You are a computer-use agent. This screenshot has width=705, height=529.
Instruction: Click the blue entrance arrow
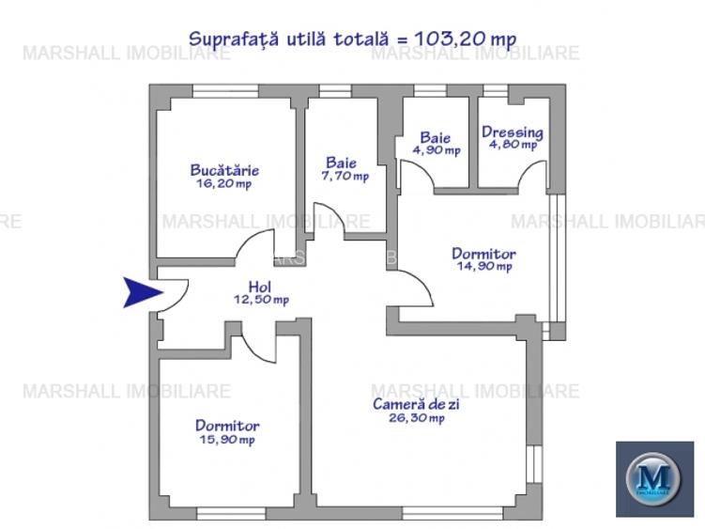pos(143,293)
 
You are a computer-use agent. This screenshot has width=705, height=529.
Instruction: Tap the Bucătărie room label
pos(224,170)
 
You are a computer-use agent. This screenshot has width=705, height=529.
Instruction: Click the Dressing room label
pos(512,132)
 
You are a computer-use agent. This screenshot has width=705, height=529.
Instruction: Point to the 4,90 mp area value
pos(436,150)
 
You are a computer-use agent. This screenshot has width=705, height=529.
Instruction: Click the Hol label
pos(260,287)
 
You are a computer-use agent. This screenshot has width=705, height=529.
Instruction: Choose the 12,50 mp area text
pos(261,300)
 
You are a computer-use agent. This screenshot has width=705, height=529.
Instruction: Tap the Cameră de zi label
pos(417,404)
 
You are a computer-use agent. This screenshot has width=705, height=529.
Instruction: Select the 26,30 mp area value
pos(417,418)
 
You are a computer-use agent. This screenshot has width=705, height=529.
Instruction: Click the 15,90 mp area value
pos(226,439)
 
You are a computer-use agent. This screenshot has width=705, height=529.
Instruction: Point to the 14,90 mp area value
pos(483,267)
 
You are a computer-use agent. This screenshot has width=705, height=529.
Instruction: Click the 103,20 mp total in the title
pos(469,39)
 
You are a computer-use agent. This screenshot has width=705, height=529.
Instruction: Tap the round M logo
pos(653,478)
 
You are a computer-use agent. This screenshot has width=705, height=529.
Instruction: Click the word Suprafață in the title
pos(230,39)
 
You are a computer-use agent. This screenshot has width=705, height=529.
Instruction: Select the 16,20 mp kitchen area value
pos(224,184)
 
